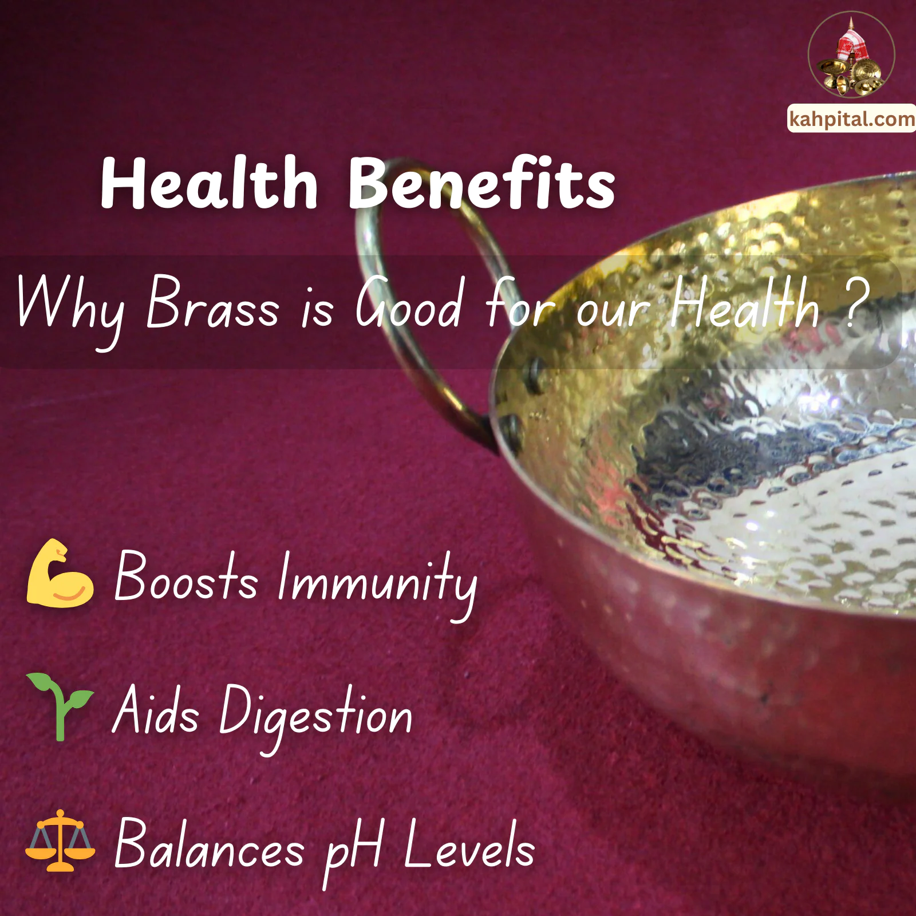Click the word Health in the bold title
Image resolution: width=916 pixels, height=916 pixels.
(209, 183)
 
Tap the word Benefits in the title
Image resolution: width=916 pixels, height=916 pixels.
(481, 183)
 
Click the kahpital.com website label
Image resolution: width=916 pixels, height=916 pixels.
(852, 119)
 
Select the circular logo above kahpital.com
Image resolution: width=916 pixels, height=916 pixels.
(851, 55)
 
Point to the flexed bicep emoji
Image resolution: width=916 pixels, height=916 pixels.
(60, 574)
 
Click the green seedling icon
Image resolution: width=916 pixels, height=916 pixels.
(60, 706)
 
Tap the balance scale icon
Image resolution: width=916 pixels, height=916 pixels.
(60, 840)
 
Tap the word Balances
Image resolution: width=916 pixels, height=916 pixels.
(210, 844)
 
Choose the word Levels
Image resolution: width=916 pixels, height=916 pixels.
(469, 844)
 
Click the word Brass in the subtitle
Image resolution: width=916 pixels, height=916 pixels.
(212, 303)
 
